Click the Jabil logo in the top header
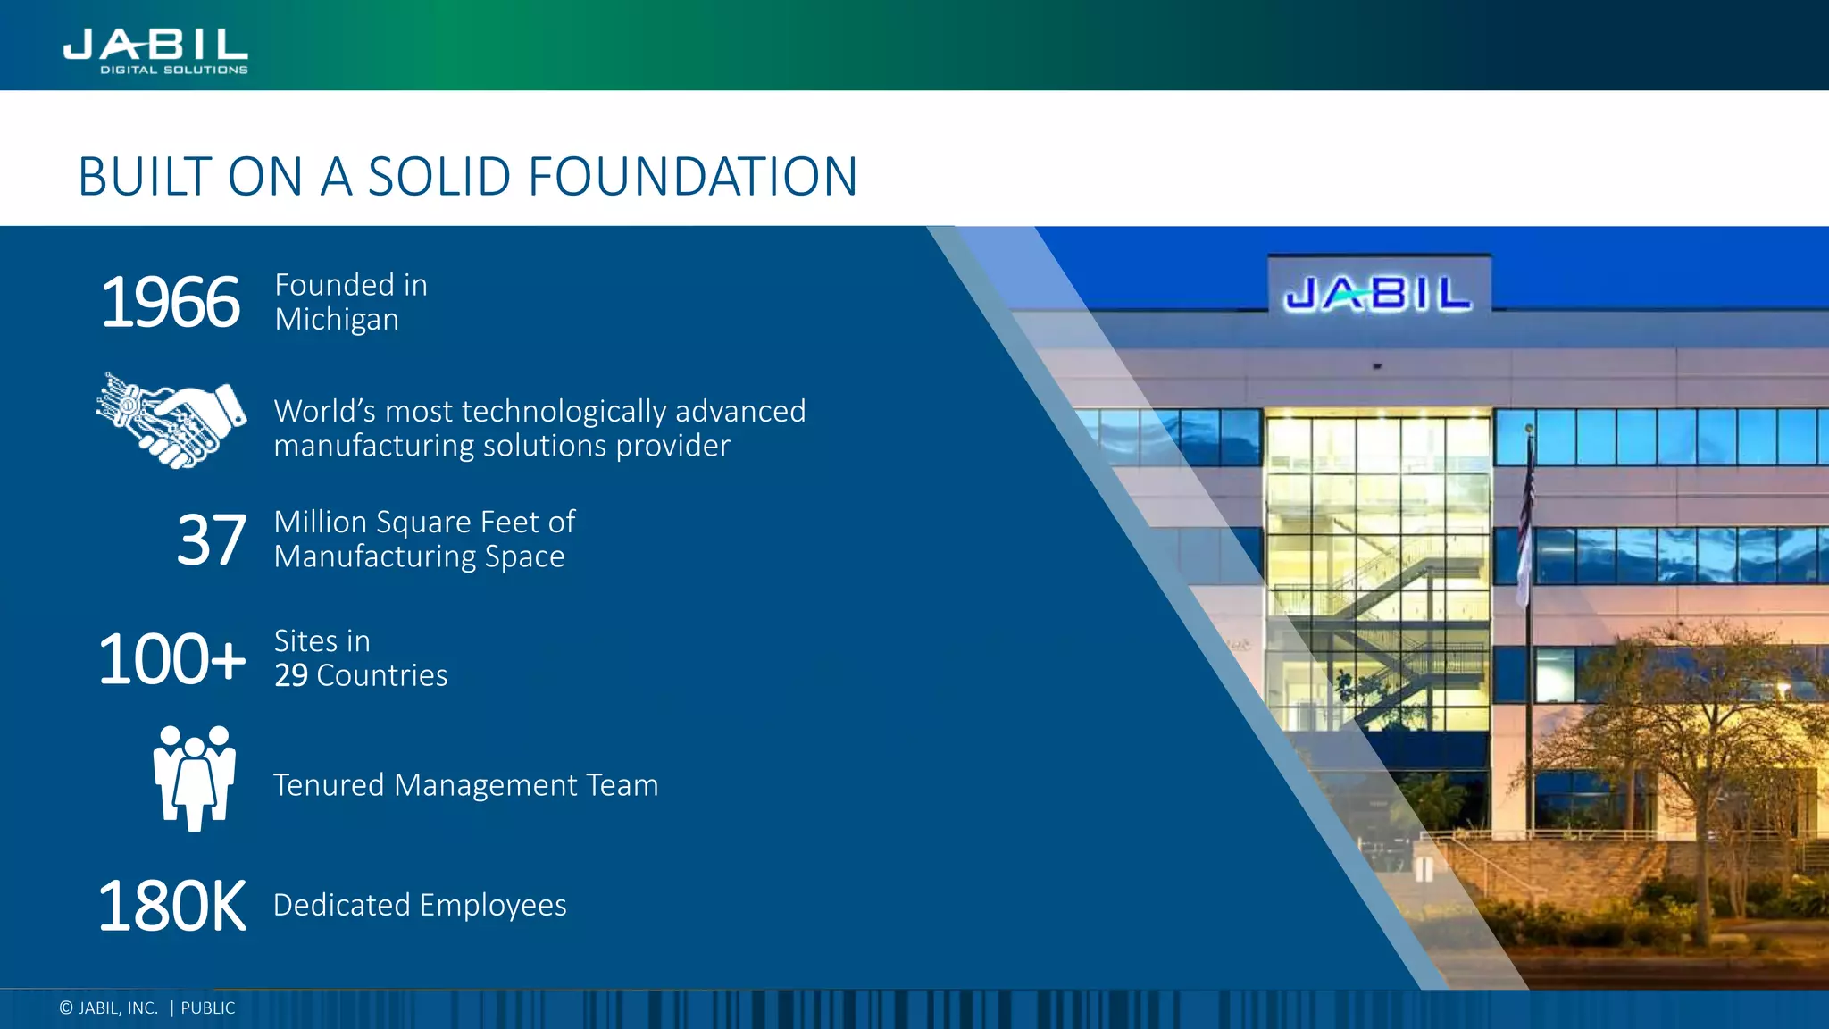(x=155, y=45)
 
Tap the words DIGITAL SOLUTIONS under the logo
(x=174, y=70)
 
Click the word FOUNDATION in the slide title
(x=693, y=177)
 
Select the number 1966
(x=170, y=302)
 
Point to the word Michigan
(x=337, y=320)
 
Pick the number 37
(x=211, y=540)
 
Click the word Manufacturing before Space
(x=375, y=556)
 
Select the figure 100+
(x=171, y=659)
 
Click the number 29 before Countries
(x=291, y=676)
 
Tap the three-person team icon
(x=194, y=778)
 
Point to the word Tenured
(x=329, y=785)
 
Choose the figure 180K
(x=171, y=907)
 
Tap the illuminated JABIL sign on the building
(x=1378, y=294)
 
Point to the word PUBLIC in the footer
(x=208, y=1008)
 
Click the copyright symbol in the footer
(x=66, y=1008)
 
